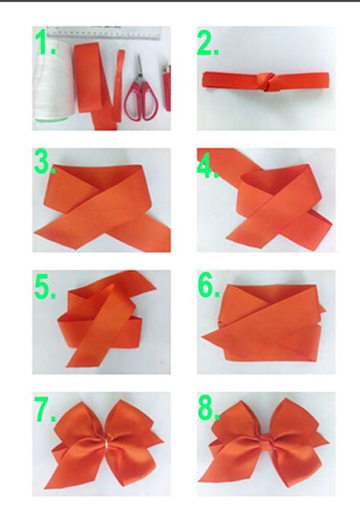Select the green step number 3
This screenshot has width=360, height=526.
44,163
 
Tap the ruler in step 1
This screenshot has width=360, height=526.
114,33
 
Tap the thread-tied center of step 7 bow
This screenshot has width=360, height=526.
107,445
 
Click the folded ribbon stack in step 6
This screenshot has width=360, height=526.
266,323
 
